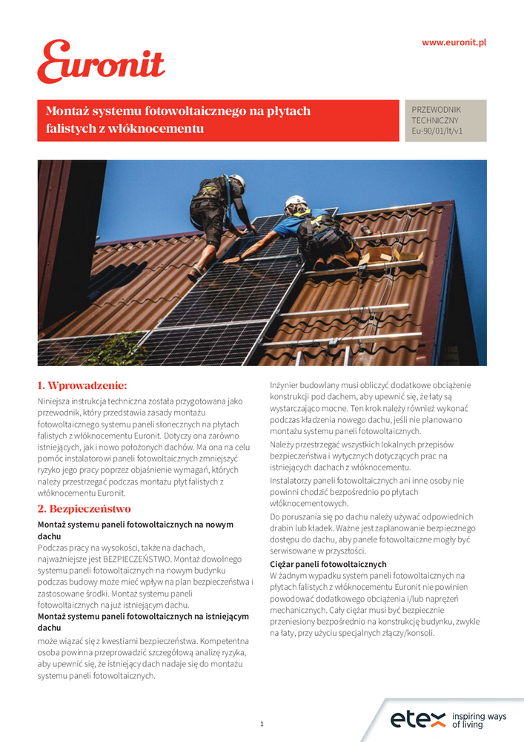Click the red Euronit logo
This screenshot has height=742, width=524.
[101, 62]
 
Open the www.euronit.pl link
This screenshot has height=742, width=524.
[454, 42]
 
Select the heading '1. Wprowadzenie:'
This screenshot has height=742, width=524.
[82, 385]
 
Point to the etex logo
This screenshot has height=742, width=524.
[417, 719]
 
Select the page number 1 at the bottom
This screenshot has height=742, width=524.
[262, 723]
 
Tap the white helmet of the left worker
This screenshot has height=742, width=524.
[238, 180]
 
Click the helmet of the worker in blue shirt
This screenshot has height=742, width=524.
[295, 201]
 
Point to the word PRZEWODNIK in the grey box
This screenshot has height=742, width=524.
[436, 109]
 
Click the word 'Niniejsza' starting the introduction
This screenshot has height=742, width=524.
[56, 401]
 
